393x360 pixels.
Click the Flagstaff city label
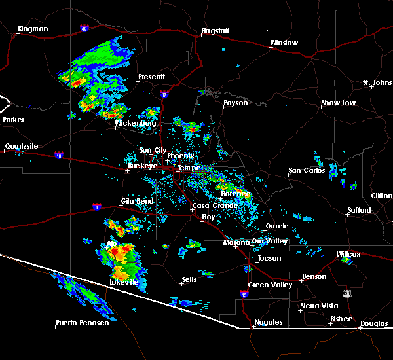pos(217,30)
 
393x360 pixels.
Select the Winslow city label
pos(284,43)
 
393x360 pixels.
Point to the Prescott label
pos(151,77)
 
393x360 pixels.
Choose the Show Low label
pos(338,103)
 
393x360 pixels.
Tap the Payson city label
pos(235,103)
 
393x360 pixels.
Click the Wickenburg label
pos(136,123)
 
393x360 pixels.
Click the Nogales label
pos(269,322)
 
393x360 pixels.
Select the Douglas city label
pos(373,323)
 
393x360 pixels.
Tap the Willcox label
pos(348,253)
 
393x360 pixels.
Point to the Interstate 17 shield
pos(164,94)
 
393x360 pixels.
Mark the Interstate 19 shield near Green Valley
pos(244,295)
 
